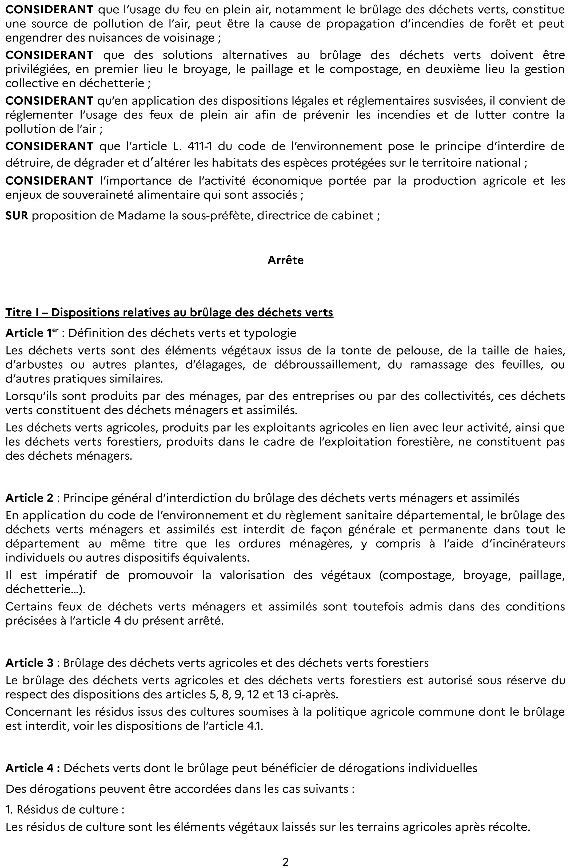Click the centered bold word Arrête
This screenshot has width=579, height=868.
click(x=285, y=260)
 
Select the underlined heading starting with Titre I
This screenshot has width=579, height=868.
click(x=169, y=313)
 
